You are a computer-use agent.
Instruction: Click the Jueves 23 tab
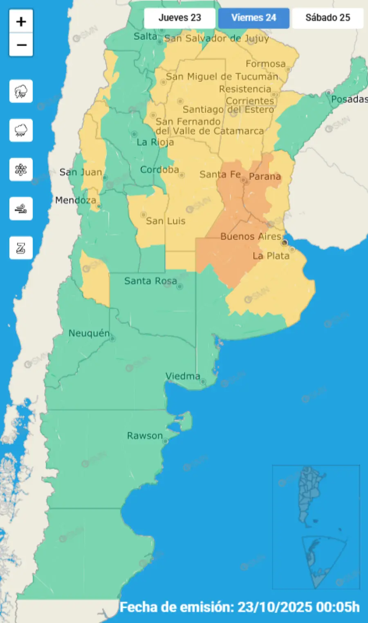tap(180, 18)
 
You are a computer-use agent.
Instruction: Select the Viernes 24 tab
tap(254, 18)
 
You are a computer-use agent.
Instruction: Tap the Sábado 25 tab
tap(328, 18)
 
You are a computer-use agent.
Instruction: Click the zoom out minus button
tap(21, 45)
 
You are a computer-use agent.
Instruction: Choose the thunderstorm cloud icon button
tap(21, 91)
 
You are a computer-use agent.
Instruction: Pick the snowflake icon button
tap(21, 170)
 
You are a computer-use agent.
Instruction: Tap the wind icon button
tap(21, 209)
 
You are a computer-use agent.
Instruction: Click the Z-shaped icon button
tap(21, 248)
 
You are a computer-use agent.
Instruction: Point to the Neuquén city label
tap(89, 333)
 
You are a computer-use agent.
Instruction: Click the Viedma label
tap(183, 376)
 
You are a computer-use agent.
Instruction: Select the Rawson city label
tap(145, 436)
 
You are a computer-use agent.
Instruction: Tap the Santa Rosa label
tap(150, 281)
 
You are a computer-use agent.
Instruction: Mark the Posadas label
tap(349, 99)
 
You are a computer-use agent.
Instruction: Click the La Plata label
tap(271, 256)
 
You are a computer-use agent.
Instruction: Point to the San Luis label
tap(166, 221)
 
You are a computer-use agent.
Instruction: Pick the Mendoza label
tap(76, 200)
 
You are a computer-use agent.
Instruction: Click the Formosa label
tap(265, 64)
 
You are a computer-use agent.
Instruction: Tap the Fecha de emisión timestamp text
tap(240, 607)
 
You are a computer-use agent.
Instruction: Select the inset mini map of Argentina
tap(316, 527)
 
